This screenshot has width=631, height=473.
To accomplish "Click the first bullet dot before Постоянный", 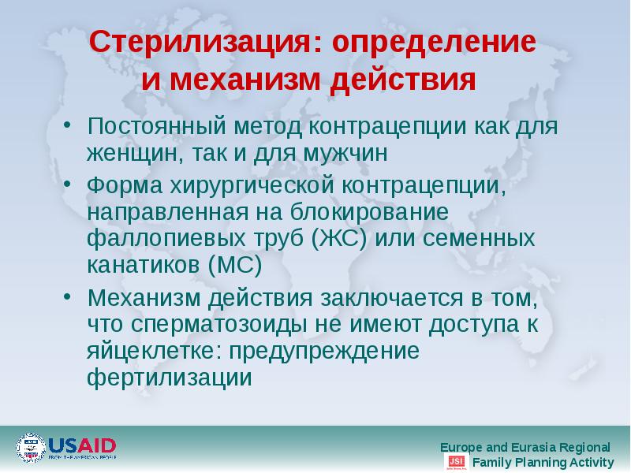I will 69,125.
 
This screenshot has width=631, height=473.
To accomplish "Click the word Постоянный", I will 155,126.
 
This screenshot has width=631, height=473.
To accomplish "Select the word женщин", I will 135,152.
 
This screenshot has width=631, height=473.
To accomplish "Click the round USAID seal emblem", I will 31,448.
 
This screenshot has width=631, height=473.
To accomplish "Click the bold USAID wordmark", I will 82,444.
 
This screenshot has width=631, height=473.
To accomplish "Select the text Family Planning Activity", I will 543,462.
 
